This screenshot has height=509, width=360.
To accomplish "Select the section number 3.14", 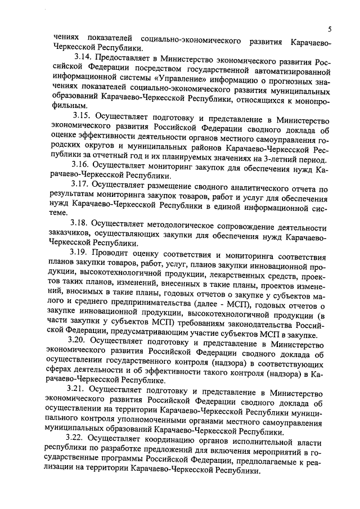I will tap(82, 57).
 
